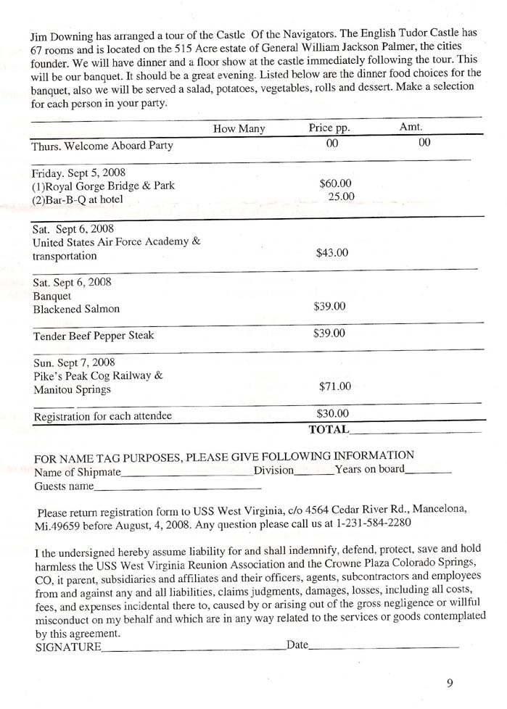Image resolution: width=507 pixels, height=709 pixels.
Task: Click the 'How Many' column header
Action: pyautogui.click(x=239, y=129)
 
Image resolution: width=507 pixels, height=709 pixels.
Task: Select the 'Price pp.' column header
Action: pyautogui.click(x=329, y=129)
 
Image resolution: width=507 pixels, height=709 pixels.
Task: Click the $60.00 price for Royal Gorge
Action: pyautogui.click(x=335, y=183)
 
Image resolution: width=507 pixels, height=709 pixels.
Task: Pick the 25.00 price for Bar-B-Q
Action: pyautogui.click(x=341, y=196)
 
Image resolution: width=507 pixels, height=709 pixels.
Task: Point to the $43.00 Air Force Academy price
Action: pyautogui.click(x=332, y=253)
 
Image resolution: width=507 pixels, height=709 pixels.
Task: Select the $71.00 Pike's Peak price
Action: pyautogui.click(x=334, y=386)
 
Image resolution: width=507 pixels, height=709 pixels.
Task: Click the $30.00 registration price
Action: pyautogui.click(x=333, y=414)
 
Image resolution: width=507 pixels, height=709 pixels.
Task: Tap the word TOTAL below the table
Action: pyautogui.click(x=329, y=429)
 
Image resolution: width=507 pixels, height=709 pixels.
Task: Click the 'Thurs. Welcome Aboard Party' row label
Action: pyautogui.click(x=102, y=146)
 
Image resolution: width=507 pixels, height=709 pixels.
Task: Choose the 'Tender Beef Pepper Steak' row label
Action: pyautogui.click(x=94, y=336)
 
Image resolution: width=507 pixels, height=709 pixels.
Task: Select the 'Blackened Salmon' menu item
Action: pyautogui.click(x=76, y=309)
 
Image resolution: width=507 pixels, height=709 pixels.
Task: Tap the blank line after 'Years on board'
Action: pyautogui.click(x=428, y=472)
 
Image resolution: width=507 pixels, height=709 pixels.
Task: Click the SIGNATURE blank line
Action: pyautogui.click(x=193, y=648)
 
